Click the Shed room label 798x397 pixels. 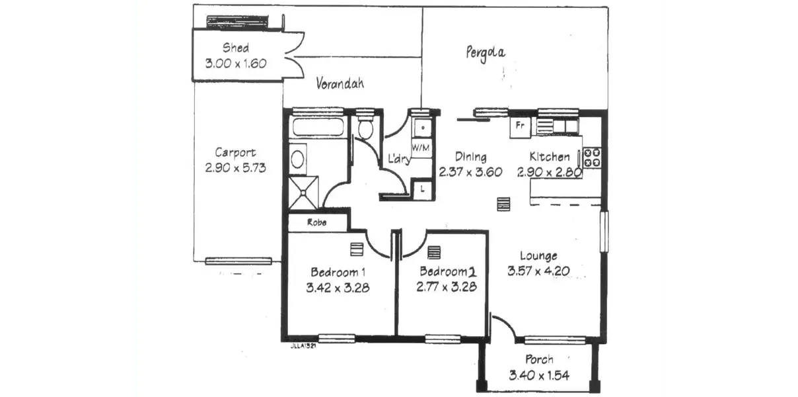click(235, 48)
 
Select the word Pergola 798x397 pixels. click(486, 52)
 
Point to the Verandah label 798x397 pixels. click(340, 84)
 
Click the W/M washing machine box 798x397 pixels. click(421, 146)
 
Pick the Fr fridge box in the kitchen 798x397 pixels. click(520, 126)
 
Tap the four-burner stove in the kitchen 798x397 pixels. click(593, 157)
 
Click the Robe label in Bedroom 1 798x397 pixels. click(316, 223)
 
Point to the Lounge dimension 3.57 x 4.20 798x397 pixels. click(538, 271)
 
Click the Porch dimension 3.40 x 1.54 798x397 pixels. click(539, 375)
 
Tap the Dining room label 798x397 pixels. click(470, 157)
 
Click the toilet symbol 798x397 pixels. click(364, 128)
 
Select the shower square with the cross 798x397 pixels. click(305, 191)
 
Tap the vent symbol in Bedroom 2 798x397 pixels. click(434, 253)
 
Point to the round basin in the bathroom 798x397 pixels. click(298, 159)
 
